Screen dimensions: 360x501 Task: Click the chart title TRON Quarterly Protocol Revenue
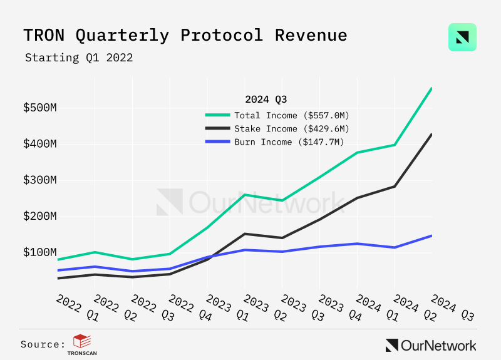[185, 35]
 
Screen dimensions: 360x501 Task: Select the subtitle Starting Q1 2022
[79, 58]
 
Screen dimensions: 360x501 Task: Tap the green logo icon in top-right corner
[462, 38]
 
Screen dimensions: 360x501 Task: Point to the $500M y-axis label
[40, 108]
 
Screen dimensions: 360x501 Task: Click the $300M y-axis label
[40, 180]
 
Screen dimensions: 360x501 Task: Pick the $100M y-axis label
[40, 252]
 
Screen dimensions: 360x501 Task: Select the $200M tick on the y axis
[40, 217]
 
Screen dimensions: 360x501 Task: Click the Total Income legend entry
[291, 115]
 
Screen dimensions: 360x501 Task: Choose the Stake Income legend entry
[291, 128]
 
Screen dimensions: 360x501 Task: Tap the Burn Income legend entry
[289, 142]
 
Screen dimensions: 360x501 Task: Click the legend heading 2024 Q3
[266, 99]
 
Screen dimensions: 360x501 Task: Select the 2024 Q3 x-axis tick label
[450, 307]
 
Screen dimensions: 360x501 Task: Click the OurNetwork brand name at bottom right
[438, 345]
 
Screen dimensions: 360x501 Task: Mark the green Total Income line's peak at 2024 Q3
[431, 88]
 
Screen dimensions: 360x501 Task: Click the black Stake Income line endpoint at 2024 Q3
[431, 134]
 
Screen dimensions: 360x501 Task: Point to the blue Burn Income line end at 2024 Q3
[431, 235]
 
